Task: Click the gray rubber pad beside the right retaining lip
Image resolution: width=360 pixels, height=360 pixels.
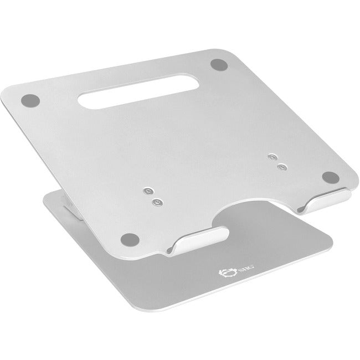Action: (330, 178)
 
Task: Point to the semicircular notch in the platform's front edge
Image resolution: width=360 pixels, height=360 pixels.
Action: (249, 213)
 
